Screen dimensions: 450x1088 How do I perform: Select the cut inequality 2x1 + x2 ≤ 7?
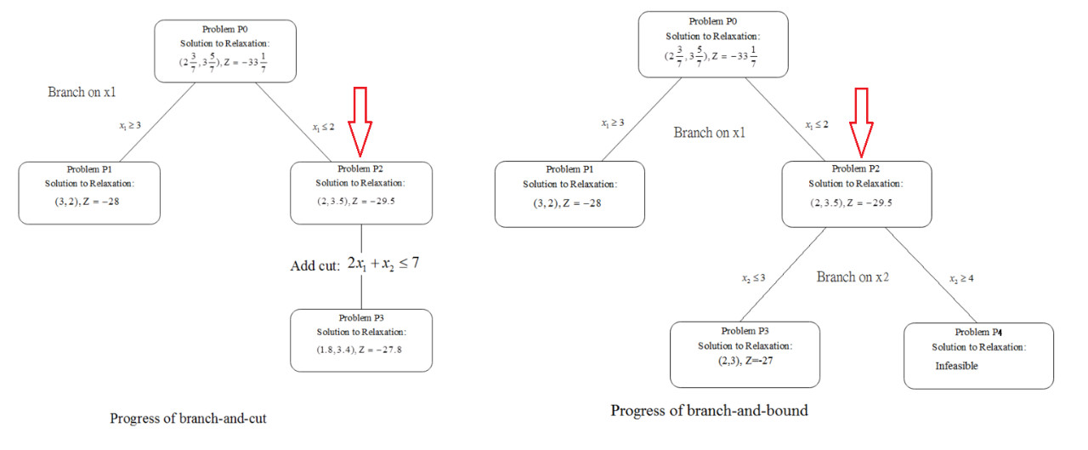tap(382, 265)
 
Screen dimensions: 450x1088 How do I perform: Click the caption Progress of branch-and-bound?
tap(709, 411)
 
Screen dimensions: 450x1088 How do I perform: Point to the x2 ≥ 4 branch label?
tap(962, 278)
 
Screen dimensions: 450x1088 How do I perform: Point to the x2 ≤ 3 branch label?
tap(751, 278)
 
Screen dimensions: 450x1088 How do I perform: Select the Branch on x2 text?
tap(854, 277)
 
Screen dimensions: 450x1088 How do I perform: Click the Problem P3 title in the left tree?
tap(361, 317)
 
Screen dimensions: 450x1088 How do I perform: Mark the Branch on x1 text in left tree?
tap(82, 92)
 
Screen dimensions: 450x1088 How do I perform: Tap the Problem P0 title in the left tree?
tap(225, 30)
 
